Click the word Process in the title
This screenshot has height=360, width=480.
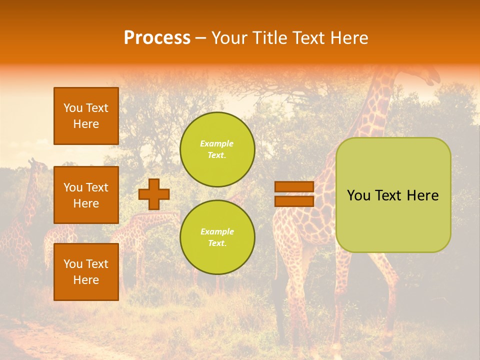click(x=157, y=38)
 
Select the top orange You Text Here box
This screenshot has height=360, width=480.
click(x=86, y=116)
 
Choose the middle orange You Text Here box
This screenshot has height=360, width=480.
click(x=86, y=195)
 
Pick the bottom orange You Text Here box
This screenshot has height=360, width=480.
click(x=86, y=272)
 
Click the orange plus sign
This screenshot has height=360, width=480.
click(x=154, y=194)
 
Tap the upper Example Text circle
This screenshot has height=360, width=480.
click(x=217, y=149)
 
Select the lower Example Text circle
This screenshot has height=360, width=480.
click(x=217, y=237)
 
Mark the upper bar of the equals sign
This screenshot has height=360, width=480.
click(x=294, y=187)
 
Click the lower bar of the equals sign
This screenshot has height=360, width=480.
click(x=294, y=201)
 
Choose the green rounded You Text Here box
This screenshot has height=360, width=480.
click(x=393, y=195)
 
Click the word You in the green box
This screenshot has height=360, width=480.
click(x=358, y=195)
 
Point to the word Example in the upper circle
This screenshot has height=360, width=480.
click(x=216, y=143)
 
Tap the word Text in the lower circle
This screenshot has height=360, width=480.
click(x=217, y=243)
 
